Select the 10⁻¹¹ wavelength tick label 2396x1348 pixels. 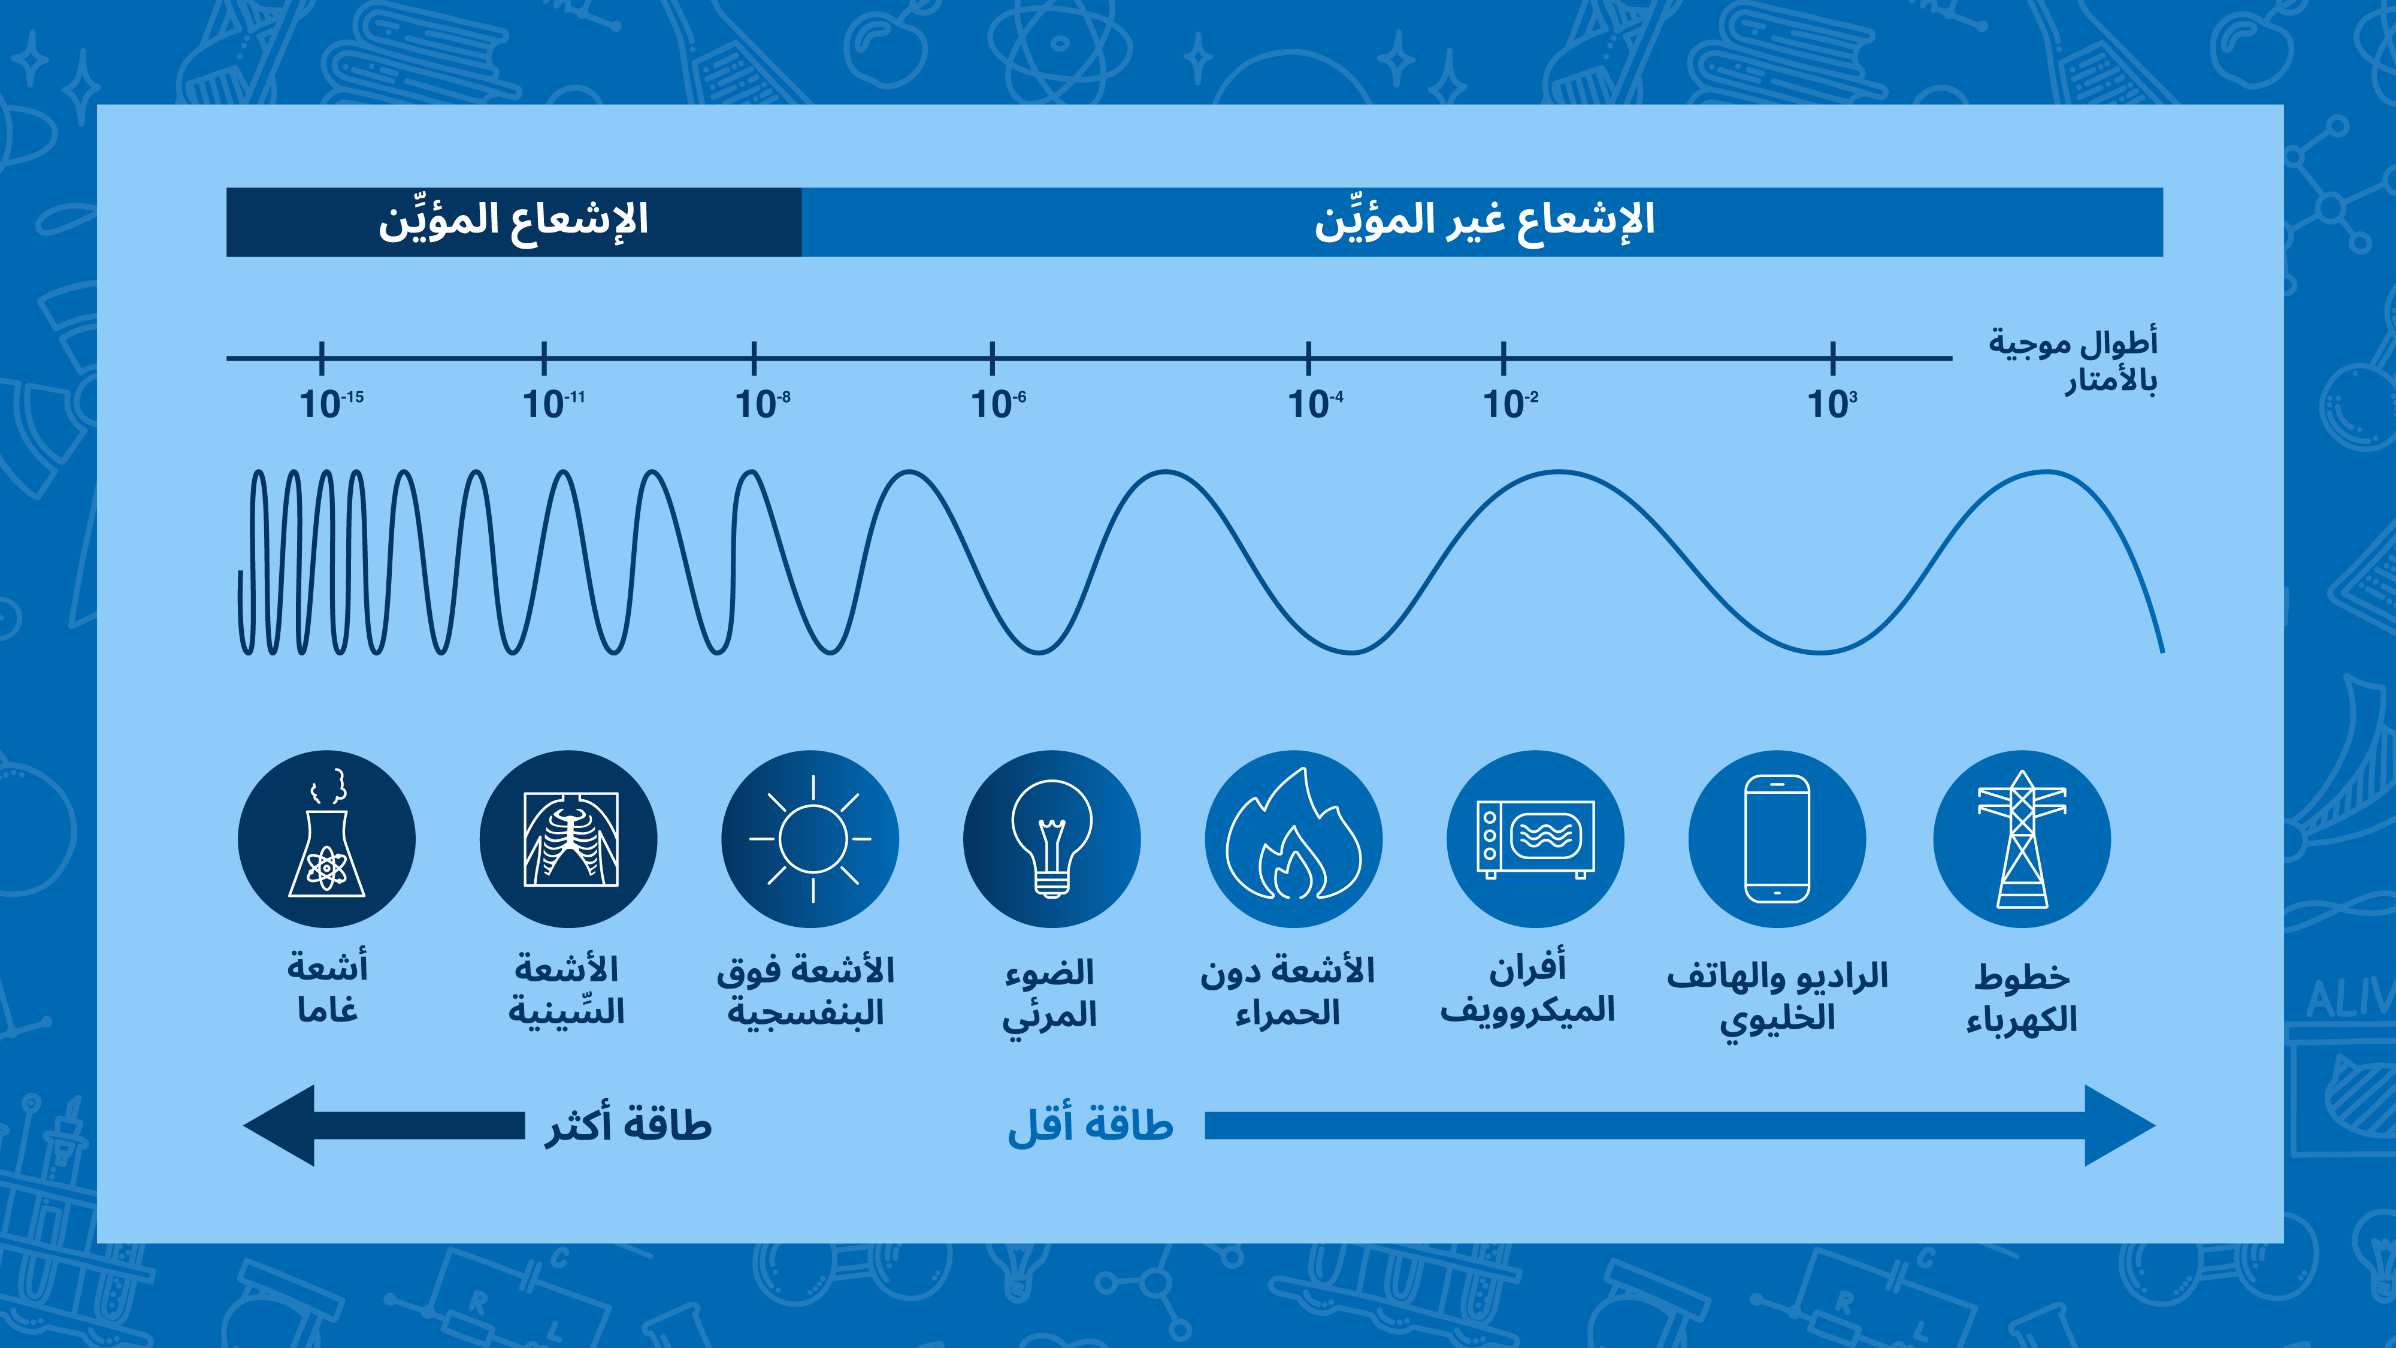pyautogui.click(x=553, y=404)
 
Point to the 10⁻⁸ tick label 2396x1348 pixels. pyautogui.click(x=763, y=404)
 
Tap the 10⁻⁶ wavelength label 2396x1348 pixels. pyautogui.click(x=998, y=404)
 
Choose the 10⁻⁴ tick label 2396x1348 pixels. pyautogui.click(x=1314, y=404)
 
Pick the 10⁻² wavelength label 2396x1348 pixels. pyautogui.click(x=1509, y=404)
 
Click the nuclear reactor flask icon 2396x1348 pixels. pyautogui.click(x=326, y=839)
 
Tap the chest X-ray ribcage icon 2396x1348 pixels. pyautogui.click(x=568, y=839)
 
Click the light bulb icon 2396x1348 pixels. pyautogui.click(x=1051, y=839)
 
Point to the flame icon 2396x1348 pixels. pyautogui.click(x=1293, y=839)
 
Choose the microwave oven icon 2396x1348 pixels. pyautogui.click(x=1535, y=839)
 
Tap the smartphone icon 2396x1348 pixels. pyautogui.click(x=1777, y=839)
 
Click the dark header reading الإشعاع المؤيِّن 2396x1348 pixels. pyautogui.click(x=513, y=222)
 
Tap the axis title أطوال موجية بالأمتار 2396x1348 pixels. pyautogui.click(x=2073, y=360)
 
